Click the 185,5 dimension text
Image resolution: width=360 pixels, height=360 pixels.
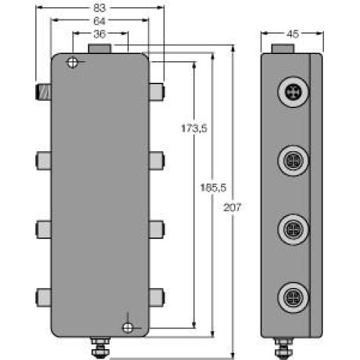(213, 189)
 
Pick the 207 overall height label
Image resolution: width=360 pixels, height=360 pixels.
(233, 207)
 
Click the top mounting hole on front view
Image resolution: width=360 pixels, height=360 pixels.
(72, 63)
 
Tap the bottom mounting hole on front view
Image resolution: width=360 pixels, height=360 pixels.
(127, 328)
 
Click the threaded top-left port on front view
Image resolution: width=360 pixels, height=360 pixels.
(42, 91)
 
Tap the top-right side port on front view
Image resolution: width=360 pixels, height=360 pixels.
(157, 91)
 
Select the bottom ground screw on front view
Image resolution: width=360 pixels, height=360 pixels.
(101, 347)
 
